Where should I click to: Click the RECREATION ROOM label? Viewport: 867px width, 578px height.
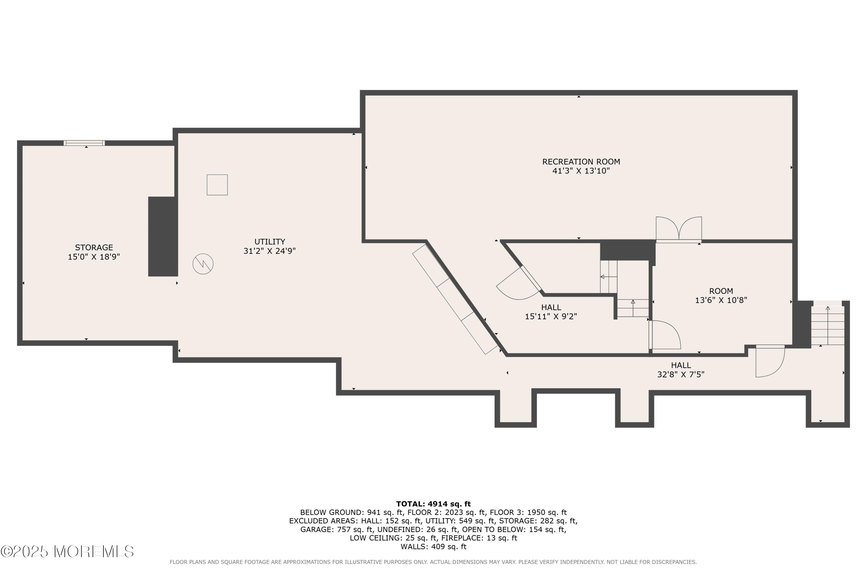click(581, 162)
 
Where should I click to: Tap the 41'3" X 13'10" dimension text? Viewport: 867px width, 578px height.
click(581, 171)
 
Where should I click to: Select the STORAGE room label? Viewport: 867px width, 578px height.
click(94, 247)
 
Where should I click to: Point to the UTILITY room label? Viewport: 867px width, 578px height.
click(269, 241)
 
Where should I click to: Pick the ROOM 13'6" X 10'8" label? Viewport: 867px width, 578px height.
click(721, 296)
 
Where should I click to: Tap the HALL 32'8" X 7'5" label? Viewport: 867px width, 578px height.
click(681, 370)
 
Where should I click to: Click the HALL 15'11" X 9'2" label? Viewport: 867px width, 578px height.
click(551, 312)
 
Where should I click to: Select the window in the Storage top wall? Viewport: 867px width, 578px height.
click(84, 143)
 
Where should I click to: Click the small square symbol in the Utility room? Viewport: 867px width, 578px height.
click(217, 185)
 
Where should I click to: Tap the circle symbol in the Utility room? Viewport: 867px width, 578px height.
click(203, 264)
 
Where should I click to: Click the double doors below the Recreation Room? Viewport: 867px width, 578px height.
click(679, 229)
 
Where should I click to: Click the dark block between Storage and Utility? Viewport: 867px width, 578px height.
click(162, 236)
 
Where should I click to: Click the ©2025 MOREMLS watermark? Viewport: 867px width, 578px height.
click(67, 552)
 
